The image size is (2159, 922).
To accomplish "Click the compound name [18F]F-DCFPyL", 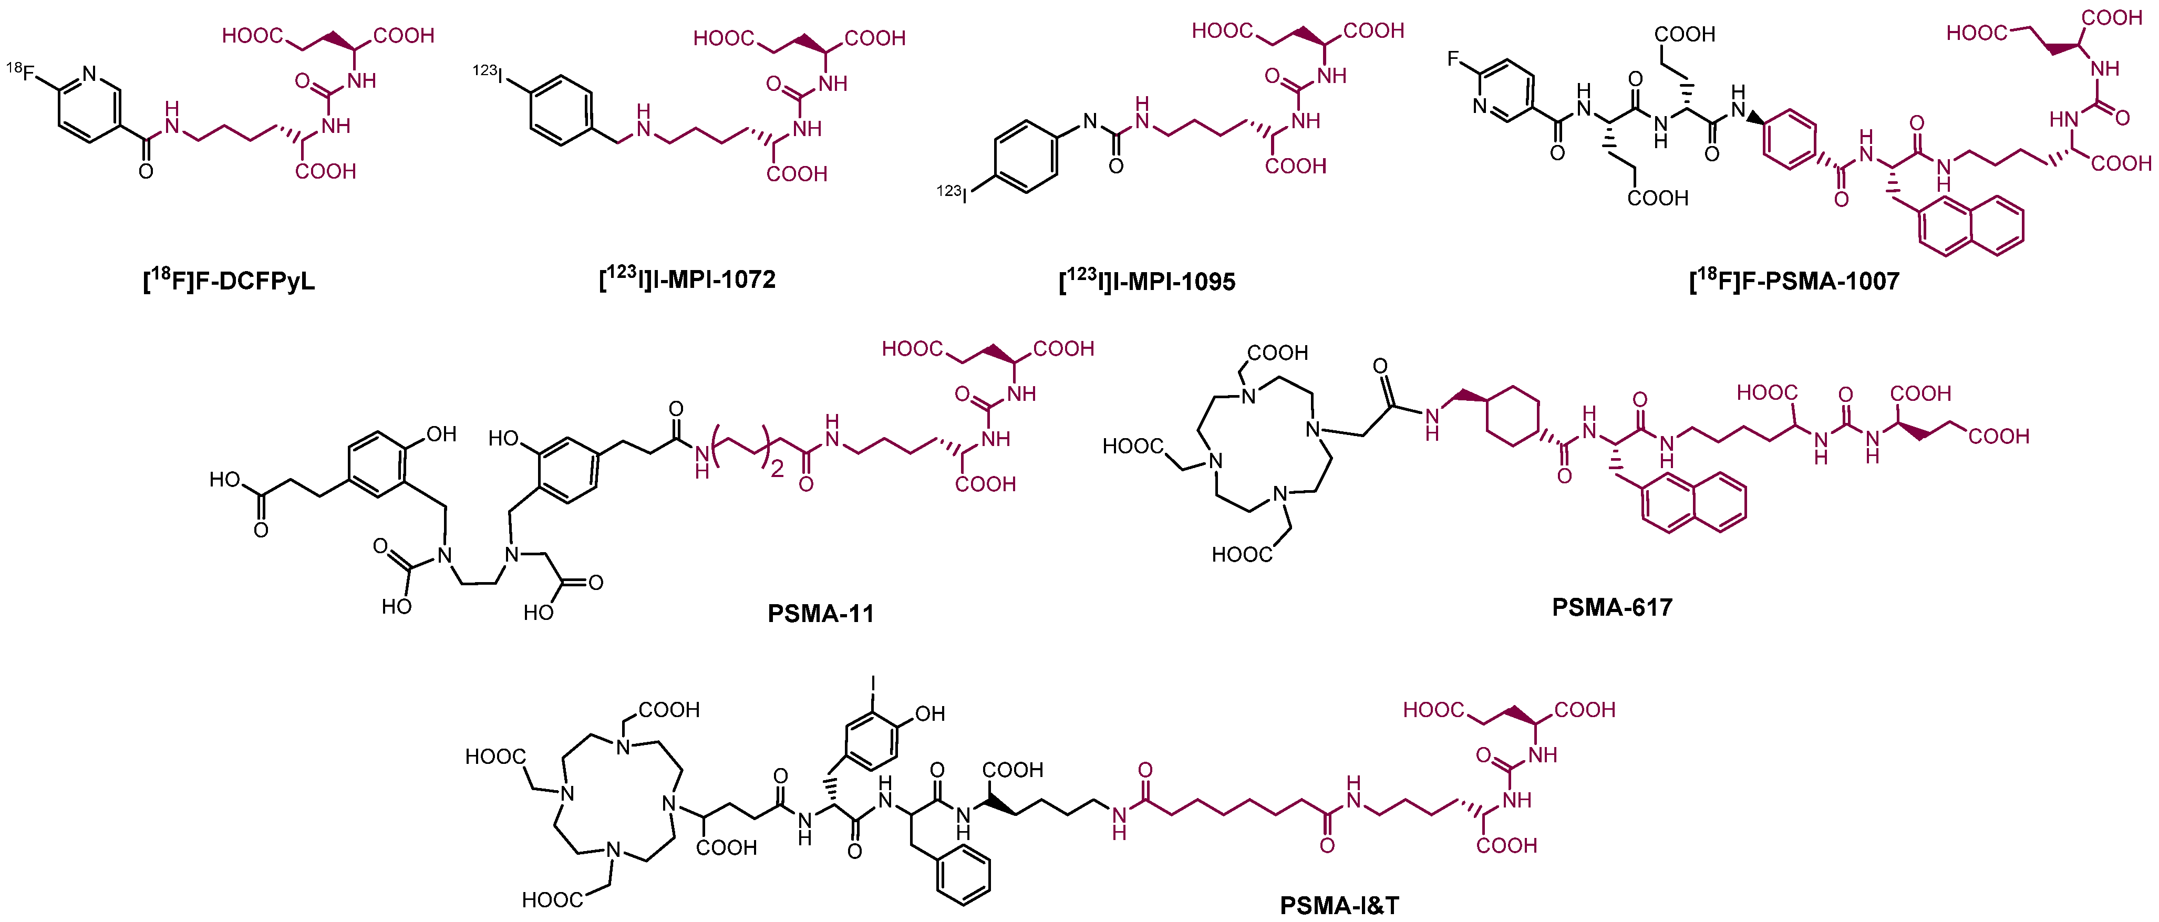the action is [229, 281].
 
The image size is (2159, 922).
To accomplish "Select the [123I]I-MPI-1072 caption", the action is [687, 278].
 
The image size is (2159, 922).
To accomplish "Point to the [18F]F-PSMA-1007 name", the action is [1794, 281].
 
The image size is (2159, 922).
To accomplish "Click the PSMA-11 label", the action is [821, 614].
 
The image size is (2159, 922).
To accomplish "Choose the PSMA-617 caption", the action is [1611, 607].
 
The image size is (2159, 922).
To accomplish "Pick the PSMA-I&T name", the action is [1338, 905].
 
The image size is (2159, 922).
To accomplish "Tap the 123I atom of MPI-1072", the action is [489, 74].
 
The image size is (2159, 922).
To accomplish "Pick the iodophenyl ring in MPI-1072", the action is [561, 109].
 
